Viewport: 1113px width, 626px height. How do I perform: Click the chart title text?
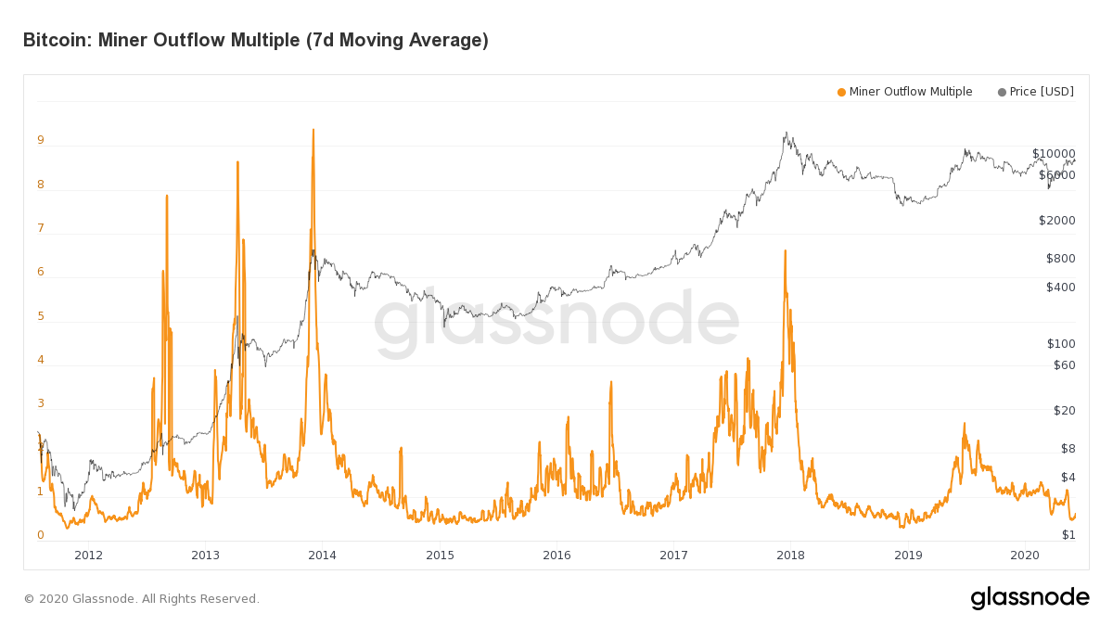(x=255, y=40)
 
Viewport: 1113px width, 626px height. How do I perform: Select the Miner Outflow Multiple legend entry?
(x=904, y=92)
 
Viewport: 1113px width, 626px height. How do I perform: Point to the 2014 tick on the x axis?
(x=323, y=556)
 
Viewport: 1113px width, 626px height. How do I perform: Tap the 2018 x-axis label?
(x=790, y=556)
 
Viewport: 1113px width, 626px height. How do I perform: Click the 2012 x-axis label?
(x=88, y=556)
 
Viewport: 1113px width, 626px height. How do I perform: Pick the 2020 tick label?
(x=1024, y=556)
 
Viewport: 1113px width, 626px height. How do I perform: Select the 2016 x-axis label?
(x=556, y=556)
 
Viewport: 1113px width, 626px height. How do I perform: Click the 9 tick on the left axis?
(x=41, y=141)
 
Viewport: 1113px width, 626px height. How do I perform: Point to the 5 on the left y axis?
(x=41, y=316)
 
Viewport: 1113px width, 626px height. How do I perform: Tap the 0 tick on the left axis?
(x=41, y=535)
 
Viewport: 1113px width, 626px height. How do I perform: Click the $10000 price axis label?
(x=1054, y=154)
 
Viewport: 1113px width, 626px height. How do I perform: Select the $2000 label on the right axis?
(x=1056, y=221)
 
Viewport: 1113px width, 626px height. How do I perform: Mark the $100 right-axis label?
(x=1060, y=344)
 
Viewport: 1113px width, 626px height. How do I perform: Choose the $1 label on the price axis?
(x=1068, y=535)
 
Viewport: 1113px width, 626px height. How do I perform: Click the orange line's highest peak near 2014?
(x=313, y=130)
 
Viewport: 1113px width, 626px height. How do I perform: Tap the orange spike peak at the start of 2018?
(x=786, y=250)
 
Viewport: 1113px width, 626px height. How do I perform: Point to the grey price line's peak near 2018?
(x=787, y=133)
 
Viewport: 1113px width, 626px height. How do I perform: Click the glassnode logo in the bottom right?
(x=1030, y=598)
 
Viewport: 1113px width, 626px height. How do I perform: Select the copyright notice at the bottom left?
(x=141, y=599)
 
